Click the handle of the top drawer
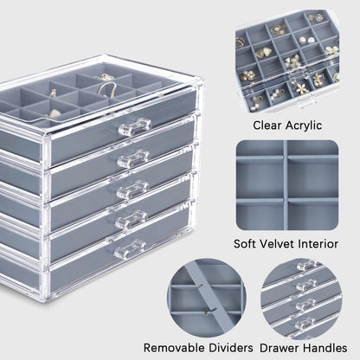(135, 127)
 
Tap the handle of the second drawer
(133, 158)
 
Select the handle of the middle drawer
(132, 190)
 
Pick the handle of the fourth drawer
(132, 220)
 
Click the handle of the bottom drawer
(130, 248)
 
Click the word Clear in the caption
(267, 125)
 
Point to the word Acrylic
(304, 125)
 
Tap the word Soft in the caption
(245, 244)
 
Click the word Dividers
(230, 348)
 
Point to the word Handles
(322, 348)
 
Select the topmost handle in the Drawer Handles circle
(306, 266)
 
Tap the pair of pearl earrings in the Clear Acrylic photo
(306, 40)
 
